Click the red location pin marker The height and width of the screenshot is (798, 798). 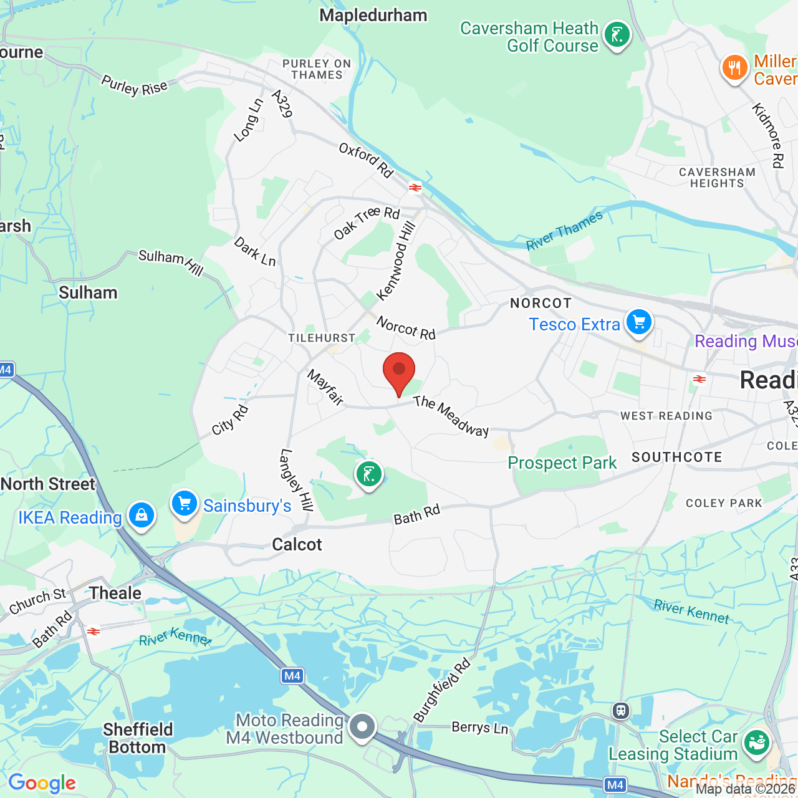tap(399, 371)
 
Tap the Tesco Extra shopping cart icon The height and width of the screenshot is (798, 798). tap(639, 322)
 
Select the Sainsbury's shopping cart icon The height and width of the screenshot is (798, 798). tap(185, 504)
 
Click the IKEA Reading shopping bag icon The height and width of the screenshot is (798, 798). tap(142, 516)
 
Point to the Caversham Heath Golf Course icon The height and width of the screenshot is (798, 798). tap(617, 35)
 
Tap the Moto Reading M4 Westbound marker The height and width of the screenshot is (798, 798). tap(362, 726)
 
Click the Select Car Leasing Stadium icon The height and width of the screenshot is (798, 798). tap(756, 743)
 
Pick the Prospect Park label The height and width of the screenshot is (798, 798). tap(562, 463)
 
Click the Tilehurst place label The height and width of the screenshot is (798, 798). tap(322, 338)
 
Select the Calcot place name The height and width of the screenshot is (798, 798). tap(297, 544)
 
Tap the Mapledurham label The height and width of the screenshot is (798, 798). tap(373, 16)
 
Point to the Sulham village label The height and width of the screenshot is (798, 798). tap(88, 292)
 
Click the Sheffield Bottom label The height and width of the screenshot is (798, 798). tap(138, 738)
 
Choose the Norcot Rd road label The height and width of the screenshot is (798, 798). tap(406, 328)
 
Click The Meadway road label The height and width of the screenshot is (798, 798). tap(451, 416)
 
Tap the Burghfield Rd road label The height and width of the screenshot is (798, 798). tap(443, 690)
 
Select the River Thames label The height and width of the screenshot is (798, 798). tap(564, 231)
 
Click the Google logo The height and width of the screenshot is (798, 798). tap(42, 783)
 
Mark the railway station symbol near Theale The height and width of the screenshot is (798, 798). tap(94, 632)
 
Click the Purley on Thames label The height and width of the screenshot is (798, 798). tap(317, 69)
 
